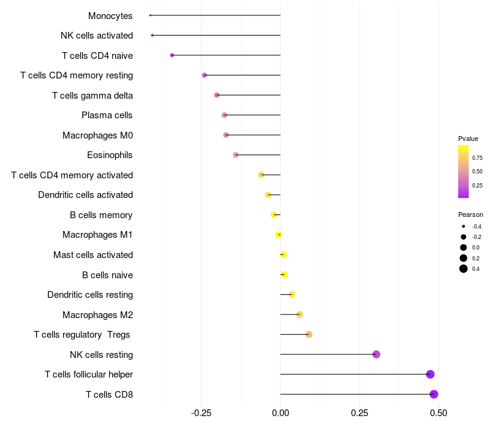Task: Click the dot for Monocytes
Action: [x=150, y=15]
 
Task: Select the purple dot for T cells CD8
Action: [x=434, y=394]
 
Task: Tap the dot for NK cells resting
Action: [x=376, y=354]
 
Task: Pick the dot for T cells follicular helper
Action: [x=431, y=374]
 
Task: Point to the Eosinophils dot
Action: [x=236, y=155]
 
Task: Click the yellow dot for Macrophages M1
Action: [x=279, y=235]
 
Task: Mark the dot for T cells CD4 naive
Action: [x=172, y=55]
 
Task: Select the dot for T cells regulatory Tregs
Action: [x=309, y=335]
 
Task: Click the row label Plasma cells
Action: [x=107, y=115]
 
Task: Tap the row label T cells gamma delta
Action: [x=92, y=96]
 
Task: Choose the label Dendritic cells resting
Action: [x=90, y=295]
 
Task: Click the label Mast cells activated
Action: [x=93, y=255]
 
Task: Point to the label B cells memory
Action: [x=101, y=215]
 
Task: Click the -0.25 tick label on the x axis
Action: [x=201, y=413]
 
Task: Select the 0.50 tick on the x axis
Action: [x=439, y=413]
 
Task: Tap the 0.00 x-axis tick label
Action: [x=281, y=413]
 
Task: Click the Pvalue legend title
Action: [x=468, y=139]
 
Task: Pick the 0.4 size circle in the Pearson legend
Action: [x=464, y=268]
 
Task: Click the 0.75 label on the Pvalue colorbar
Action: [x=477, y=158]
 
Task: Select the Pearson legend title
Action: [x=470, y=215]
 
